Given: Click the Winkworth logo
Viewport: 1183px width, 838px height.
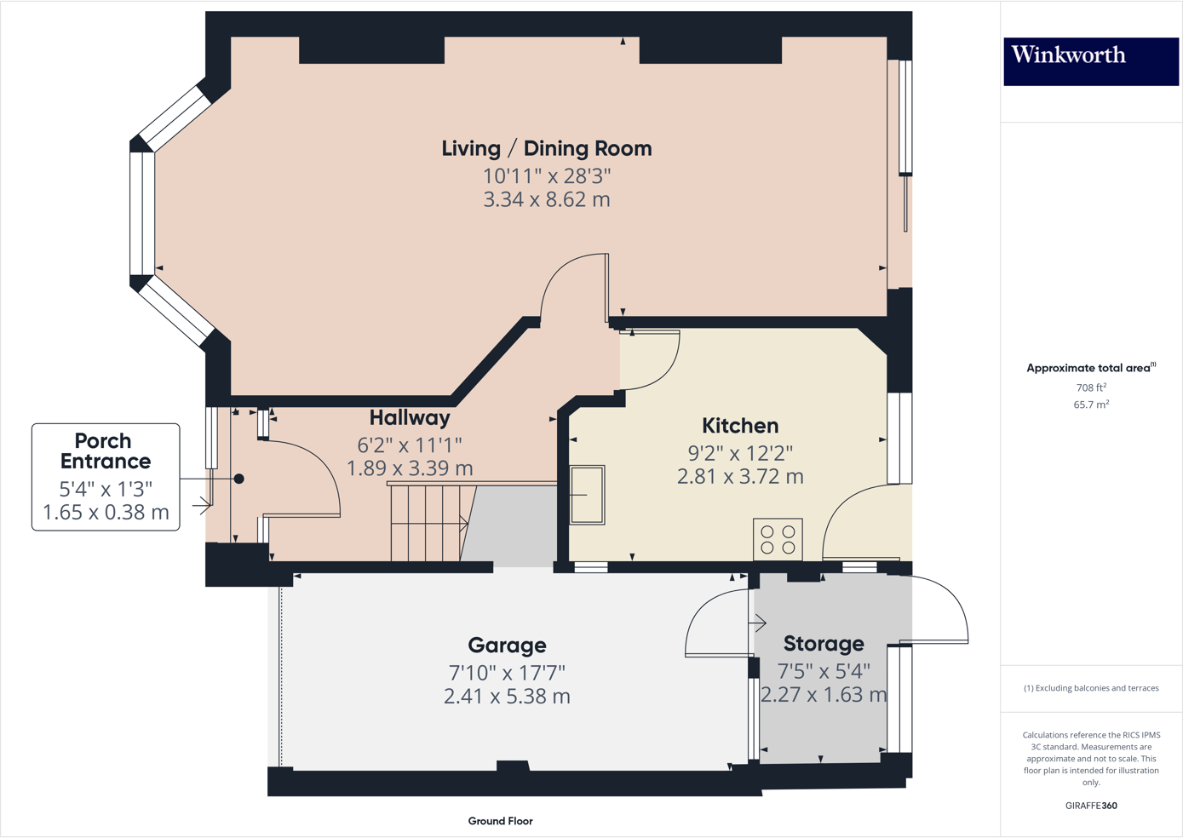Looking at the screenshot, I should [x=1090, y=60].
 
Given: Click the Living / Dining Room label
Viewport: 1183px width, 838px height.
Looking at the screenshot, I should [x=546, y=148].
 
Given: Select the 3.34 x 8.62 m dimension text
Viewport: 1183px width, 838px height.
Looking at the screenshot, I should [x=546, y=200].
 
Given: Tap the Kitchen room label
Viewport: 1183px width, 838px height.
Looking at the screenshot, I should [x=739, y=426].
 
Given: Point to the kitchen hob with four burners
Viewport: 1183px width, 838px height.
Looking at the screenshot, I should [x=778, y=539].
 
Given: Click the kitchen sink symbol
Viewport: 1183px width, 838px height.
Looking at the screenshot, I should [x=587, y=494].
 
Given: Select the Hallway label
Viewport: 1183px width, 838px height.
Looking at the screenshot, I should [x=409, y=418].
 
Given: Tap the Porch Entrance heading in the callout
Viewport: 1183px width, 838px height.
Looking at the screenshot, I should [x=105, y=451].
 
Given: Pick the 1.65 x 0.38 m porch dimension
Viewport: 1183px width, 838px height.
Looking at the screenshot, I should [x=106, y=513].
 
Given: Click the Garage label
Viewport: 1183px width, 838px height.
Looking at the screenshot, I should [x=507, y=646].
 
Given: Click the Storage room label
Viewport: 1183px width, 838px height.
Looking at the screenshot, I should [x=823, y=644].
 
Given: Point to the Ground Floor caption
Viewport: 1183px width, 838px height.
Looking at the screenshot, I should [x=500, y=821].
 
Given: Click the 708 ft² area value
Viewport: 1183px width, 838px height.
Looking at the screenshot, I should [x=1090, y=387].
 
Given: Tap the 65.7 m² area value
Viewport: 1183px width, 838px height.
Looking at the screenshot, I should [x=1090, y=405].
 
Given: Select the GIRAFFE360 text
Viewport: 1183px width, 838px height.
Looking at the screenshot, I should [x=1090, y=806].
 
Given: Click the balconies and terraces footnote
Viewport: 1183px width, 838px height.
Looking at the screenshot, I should [x=1090, y=688].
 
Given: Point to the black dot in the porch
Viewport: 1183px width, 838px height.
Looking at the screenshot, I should [x=239, y=479].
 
